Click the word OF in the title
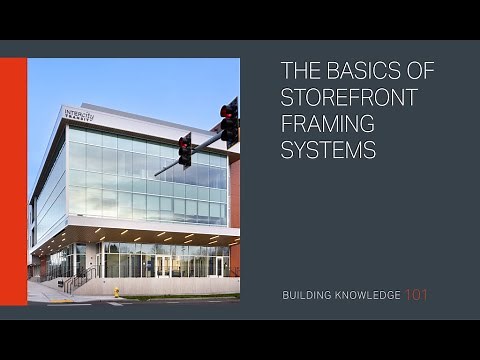402,71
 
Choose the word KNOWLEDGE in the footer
365,295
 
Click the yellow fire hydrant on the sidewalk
117,292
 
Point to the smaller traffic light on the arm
185,149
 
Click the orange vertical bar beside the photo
13,181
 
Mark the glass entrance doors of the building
161,265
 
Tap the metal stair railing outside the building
81,277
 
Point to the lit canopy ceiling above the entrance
150,236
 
